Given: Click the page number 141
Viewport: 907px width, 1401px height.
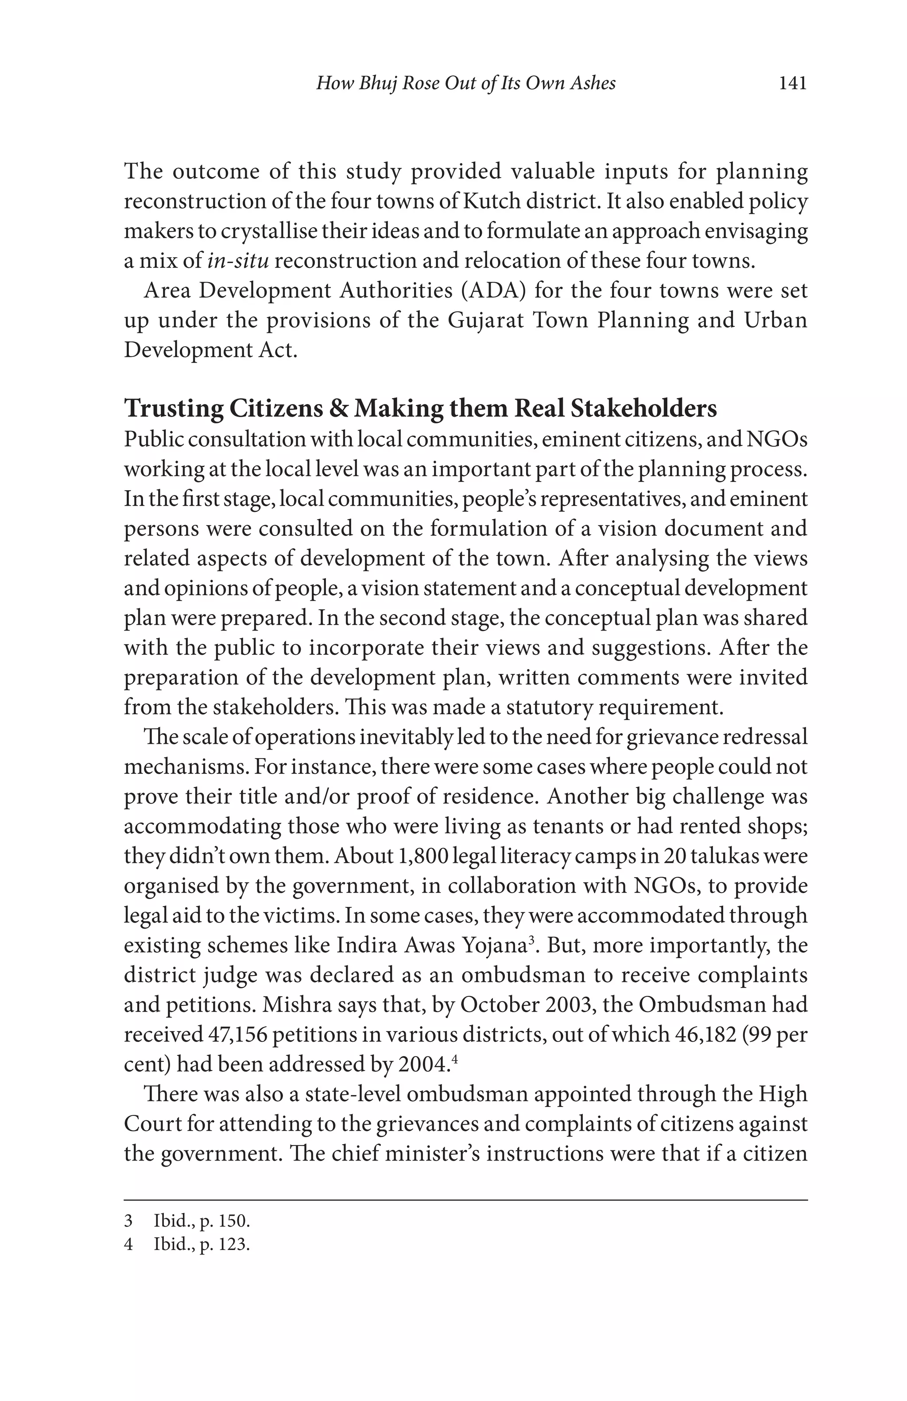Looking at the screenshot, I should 792,84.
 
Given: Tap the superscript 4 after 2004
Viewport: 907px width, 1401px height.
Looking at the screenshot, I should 454,1060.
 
